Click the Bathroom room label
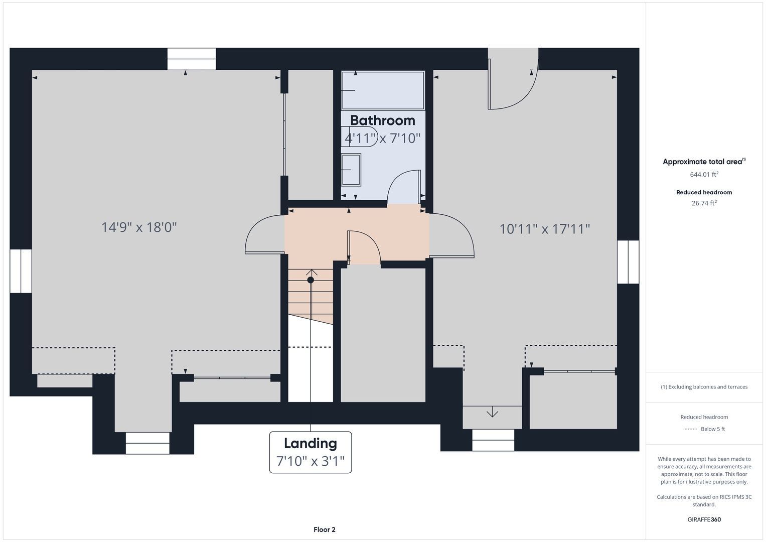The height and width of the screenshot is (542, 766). pyautogui.click(x=382, y=120)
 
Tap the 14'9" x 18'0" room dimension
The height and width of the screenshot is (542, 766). pyautogui.click(x=139, y=227)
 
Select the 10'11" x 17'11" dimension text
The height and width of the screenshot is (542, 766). pyautogui.click(x=545, y=229)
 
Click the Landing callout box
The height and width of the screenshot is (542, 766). pyautogui.click(x=311, y=452)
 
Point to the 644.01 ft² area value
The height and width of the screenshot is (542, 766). pyautogui.click(x=704, y=174)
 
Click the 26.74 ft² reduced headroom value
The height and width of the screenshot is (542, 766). pyautogui.click(x=704, y=203)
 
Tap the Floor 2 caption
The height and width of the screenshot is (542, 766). pyautogui.click(x=325, y=529)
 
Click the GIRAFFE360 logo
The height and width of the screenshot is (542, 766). pyautogui.click(x=704, y=519)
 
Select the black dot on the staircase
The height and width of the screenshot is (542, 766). pyautogui.click(x=311, y=280)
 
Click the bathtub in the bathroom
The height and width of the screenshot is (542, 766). pyautogui.click(x=383, y=90)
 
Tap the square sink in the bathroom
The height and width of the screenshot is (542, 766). pyautogui.click(x=351, y=170)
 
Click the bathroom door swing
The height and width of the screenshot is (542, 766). pyautogui.click(x=403, y=187)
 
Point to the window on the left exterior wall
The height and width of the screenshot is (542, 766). pyautogui.click(x=21, y=271)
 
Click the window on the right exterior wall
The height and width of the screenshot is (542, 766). pyautogui.click(x=628, y=262)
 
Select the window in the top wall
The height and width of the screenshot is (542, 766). pyautogui.click(x=192, y=59)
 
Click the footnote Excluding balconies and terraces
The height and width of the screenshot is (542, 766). pyautogui.click(x=704, y=386)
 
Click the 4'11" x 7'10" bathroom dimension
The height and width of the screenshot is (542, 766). pyautogui.click(x=382, y=138)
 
